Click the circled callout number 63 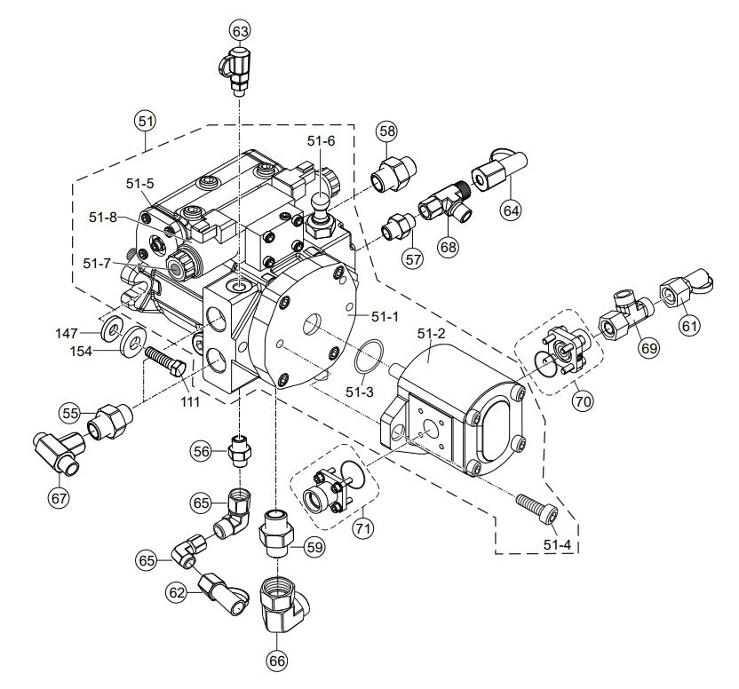point(240,31)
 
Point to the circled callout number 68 point(446,246)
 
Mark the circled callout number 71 point(362,527)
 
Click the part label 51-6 point(322,141)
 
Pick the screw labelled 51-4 point(538,510)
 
